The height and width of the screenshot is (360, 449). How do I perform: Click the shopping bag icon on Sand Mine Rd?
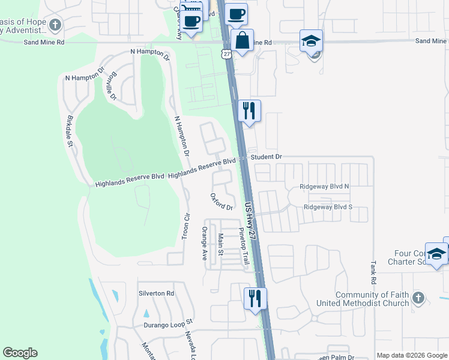[x=242, y=41]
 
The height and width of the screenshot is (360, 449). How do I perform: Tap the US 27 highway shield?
[x=226, y=54]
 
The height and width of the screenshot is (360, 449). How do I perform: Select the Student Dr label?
[x=267, y=157]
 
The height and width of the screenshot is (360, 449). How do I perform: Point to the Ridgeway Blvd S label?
[x=328, y=207]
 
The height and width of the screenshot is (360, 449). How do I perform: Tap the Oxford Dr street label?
[x=221, y=202]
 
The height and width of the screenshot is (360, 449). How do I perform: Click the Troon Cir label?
[x=186, y=226]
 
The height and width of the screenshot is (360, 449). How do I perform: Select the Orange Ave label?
[x=205, y=242]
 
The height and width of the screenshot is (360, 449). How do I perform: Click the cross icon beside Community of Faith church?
[x=419, y=298]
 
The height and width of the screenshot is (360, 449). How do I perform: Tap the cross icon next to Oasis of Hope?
[x=55, y=25]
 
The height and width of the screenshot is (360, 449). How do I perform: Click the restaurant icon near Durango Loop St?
[x=255, y=298]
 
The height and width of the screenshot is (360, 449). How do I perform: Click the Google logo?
[x=20, y=353]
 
